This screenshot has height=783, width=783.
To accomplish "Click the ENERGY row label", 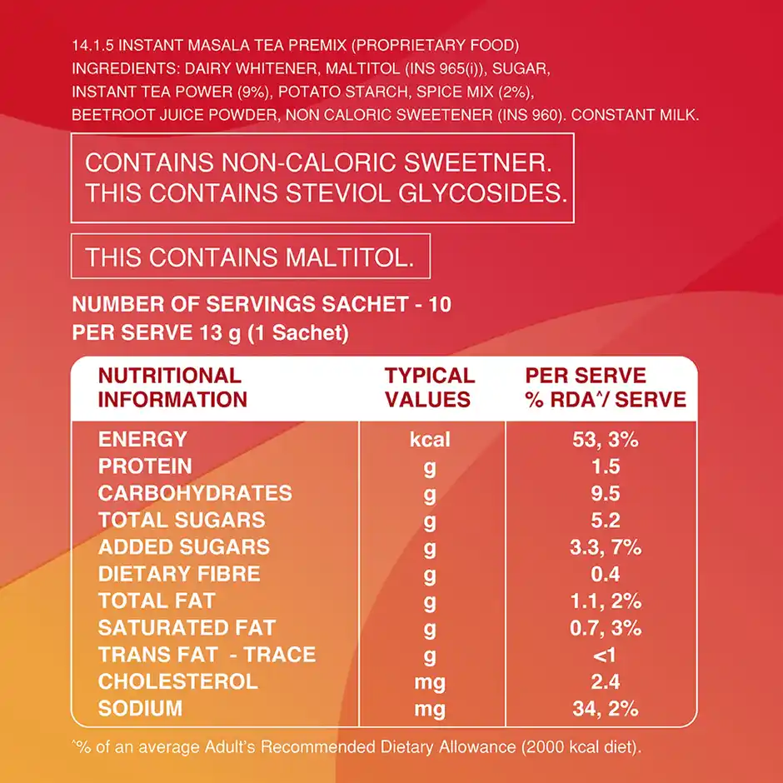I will tap(142, 439).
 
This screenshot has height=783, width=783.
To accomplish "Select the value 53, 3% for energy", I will tap(606, 439).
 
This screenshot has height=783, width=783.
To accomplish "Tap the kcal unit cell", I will tap(430, 439).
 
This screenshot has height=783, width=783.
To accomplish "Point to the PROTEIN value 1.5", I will tap(606, 466).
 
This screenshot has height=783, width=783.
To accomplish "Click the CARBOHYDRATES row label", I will tap(195, 493).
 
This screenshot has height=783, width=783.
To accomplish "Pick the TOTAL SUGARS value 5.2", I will tap(606, 521).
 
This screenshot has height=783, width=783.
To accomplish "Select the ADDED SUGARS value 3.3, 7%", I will tap(606, 547).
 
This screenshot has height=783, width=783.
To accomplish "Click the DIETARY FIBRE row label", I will tap(179, 574).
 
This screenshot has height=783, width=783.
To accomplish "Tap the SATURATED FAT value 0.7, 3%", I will tap(606, 628).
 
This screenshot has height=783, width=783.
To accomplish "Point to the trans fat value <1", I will tap(606, 655).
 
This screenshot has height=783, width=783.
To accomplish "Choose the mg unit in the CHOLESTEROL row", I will tap(430, 682).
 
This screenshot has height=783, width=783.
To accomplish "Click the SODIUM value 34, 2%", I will tap(606, 709).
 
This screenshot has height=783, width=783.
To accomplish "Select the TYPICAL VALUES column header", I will tap(429, 387).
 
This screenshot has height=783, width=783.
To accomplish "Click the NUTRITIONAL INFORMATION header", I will tap(172, 387).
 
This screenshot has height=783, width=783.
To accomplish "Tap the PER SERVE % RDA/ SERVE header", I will tap(606, 387).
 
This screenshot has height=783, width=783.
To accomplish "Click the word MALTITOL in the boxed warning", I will tap(350, 257).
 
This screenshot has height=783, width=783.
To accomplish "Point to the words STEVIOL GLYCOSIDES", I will tap(426, 192).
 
